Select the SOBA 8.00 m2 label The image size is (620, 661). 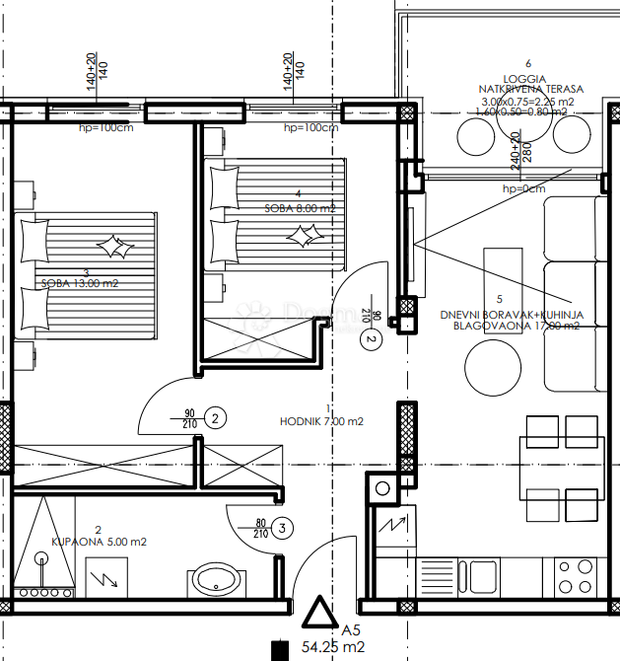[300, 208]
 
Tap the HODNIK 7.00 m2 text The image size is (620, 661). [321, 421]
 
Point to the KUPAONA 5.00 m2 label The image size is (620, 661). [99, 542]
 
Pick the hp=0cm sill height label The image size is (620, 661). [523, 188]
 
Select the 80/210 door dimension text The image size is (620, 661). [261, 529]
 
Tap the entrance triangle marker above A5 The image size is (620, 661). [319, 615]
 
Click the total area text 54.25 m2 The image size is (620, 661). [333, 649]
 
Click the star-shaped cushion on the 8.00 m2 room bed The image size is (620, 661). [301, 235]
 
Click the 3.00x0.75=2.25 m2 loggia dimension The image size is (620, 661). [528, 101]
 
